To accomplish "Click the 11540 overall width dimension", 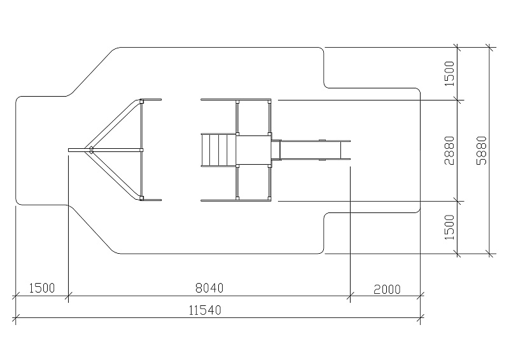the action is [205, 310].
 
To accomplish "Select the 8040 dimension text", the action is [209, 288].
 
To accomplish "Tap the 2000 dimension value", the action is [387, 289].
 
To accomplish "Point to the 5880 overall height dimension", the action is [482, 150].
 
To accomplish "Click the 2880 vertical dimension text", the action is [449, 150].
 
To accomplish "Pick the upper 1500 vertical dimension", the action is [449, 74].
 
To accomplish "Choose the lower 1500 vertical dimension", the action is [449, 227].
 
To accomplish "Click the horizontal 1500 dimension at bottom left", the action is [42, 288].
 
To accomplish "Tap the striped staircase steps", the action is [218, 150].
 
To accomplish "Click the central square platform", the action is [253, 150].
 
